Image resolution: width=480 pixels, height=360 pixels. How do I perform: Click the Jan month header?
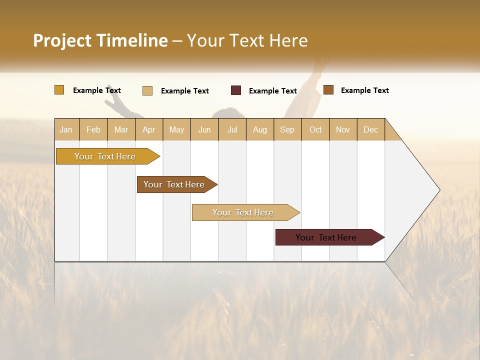click(66, 129)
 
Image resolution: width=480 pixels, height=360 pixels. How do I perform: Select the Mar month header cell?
click(121, 129)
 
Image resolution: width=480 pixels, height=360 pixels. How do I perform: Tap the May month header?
click(176, 129)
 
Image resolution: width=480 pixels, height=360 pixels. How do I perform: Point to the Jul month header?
click(232, 129)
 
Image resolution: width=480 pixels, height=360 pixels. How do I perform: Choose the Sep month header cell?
click(287, 129)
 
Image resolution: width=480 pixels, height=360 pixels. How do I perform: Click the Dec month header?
click(370, 129)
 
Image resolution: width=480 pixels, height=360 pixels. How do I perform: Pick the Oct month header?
click(315, 129)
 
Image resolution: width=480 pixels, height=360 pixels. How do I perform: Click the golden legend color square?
click(59, 90)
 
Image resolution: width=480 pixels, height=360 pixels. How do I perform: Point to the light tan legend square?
click(147, 90)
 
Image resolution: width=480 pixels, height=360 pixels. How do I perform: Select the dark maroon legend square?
click(236, 90)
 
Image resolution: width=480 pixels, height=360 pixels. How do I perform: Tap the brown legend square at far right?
click(328, 90)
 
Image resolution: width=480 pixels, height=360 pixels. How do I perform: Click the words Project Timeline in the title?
click(100, 40)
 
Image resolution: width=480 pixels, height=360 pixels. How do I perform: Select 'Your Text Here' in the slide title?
click(247, 40)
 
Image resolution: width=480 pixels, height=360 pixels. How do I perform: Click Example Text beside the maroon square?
click(273, 91)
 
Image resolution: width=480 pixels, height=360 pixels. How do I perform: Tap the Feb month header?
click(93, 129)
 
